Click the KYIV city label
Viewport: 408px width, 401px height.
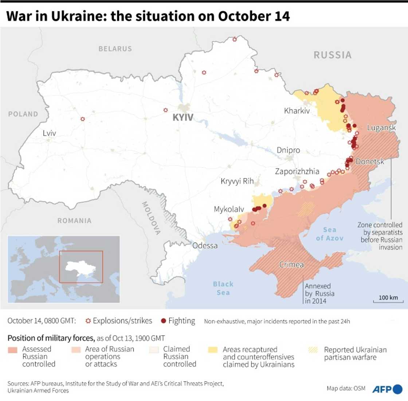click(183, 118)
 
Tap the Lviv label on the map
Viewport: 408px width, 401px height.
click(49, 133)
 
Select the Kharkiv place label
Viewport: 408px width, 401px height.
click(297, 110)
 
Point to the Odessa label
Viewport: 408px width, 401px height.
click(205, 245)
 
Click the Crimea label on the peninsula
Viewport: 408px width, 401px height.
click(291, 265)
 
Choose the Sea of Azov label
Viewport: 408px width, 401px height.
click(330, 234)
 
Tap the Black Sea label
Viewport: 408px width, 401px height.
click(223, 288)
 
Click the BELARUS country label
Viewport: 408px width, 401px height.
click(115, 48)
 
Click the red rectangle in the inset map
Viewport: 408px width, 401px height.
click(81, 266)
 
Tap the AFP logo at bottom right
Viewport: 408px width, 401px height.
click(387, 389)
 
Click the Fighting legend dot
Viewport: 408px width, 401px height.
click(164, 321)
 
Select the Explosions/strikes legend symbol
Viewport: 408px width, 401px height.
click(88, 321)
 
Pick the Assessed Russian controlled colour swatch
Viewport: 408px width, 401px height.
click(13, 350)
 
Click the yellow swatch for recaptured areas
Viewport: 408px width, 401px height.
click(213, 350)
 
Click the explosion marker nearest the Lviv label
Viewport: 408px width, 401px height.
click(83, 119)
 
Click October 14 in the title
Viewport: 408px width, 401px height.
click(254, 16)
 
